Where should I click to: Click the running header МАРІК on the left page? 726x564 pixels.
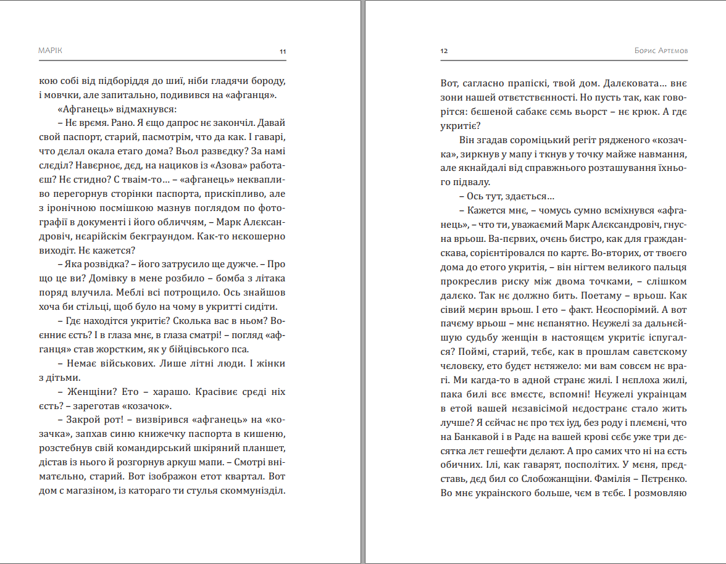(x=50, y=51)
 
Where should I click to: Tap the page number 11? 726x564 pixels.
(x=283, y=51)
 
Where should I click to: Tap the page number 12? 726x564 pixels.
(x=444, y=51)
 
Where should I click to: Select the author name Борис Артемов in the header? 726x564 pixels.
(x=661, y=51)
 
